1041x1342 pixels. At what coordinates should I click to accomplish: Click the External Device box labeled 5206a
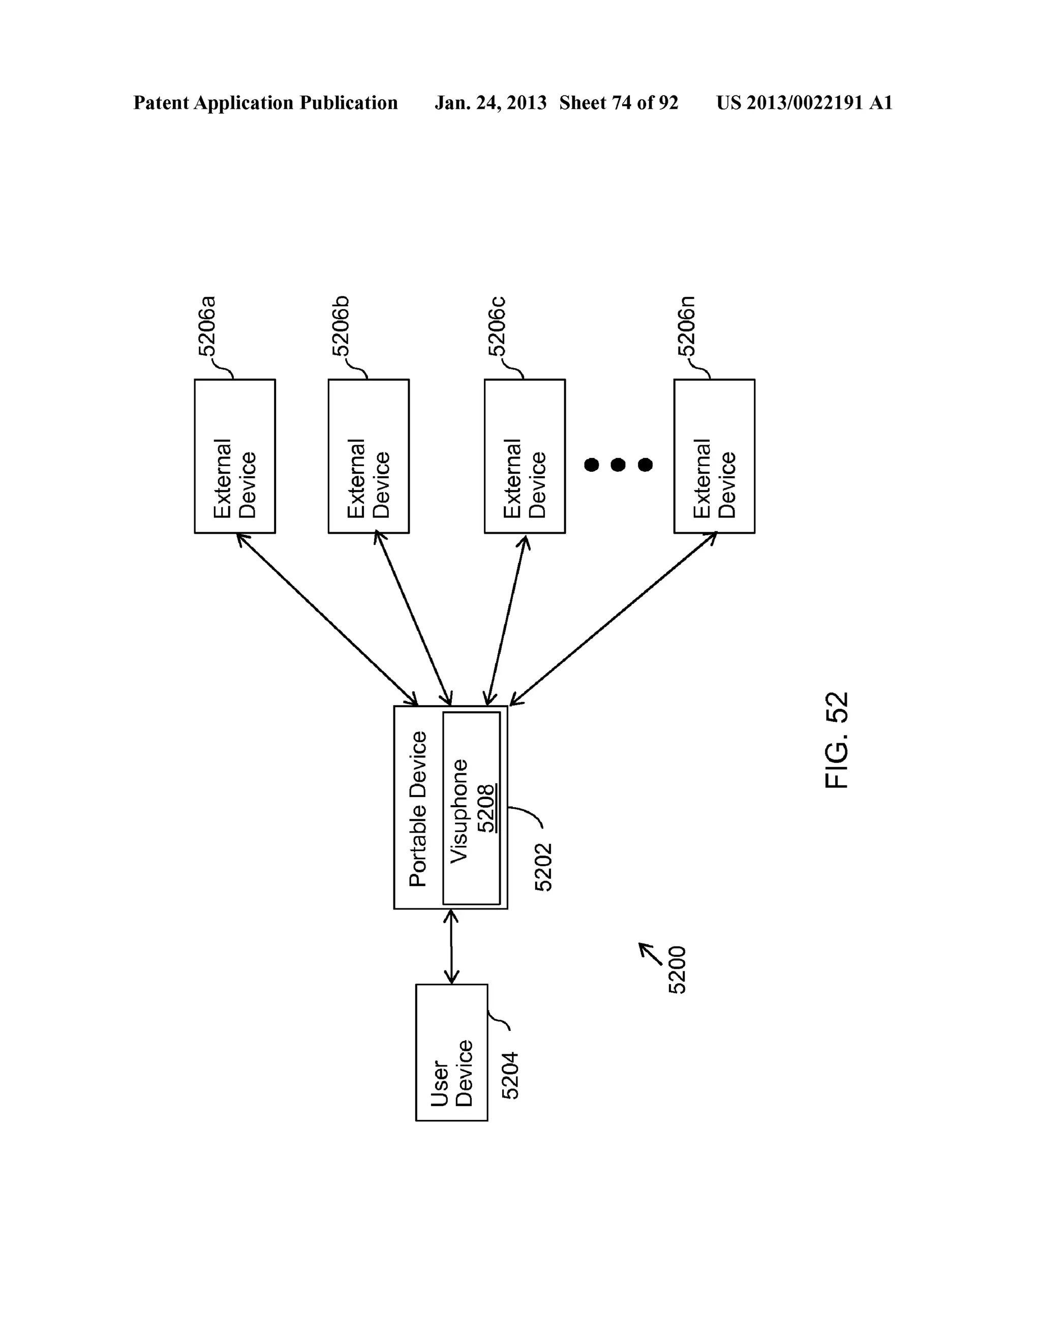(235, 456)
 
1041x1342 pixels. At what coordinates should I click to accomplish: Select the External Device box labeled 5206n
(714, 456)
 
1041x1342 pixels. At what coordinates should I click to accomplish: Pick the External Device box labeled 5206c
(524, 456)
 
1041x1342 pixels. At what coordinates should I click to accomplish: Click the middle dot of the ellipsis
(618, 465)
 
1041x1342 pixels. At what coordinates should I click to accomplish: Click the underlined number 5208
(487, 808)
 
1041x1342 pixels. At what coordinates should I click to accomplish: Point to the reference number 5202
(544, 867)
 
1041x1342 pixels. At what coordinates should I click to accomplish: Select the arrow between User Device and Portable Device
(452, 947)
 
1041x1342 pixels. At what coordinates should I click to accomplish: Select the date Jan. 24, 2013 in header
(491, 103)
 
